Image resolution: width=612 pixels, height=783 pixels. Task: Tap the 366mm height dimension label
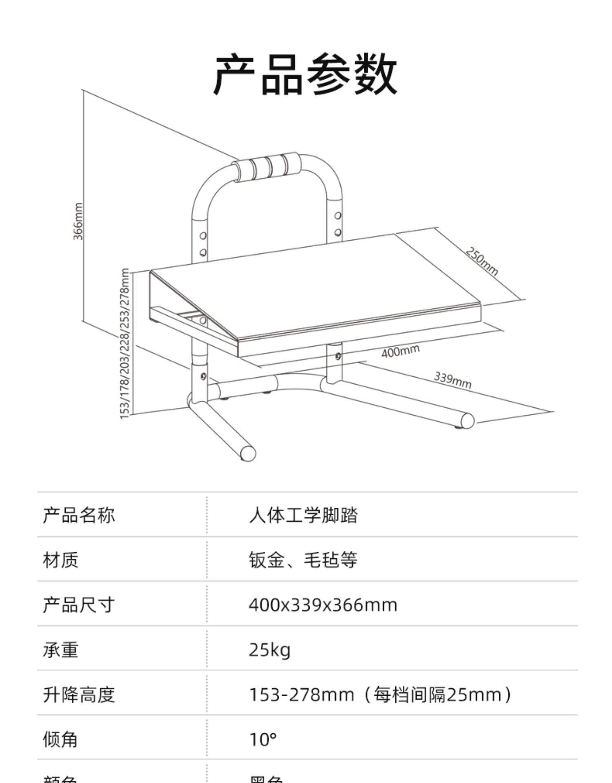pos(78,221)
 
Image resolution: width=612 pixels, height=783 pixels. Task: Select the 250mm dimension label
pos(482,261)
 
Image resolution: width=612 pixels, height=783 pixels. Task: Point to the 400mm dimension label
pos(400,351)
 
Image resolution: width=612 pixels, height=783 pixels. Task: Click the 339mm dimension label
pos(452,380)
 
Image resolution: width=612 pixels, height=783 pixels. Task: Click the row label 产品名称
pos(79,515)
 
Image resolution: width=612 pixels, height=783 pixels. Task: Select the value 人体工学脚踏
pos(303,515)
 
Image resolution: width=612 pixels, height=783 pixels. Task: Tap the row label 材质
pos(60,560)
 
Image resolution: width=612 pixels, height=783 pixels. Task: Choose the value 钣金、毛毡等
pos(303,560)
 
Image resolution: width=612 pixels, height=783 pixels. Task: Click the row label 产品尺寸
pos(79,604)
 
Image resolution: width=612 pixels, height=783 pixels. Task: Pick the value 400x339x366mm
pos(323,604)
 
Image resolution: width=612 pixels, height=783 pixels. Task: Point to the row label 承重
pos(60,649)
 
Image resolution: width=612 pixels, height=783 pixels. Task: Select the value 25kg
pos(270,649)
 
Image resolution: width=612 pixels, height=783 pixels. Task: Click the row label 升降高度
pos(79,694)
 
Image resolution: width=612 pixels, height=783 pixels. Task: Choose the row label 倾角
pos(60,739)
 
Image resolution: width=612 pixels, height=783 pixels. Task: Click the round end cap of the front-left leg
pos(248,453)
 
